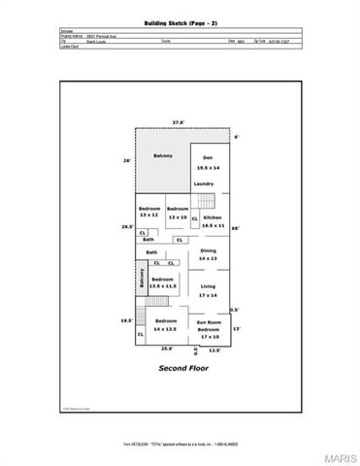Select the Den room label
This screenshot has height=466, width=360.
(207, 157)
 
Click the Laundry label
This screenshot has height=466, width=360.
(204, 183)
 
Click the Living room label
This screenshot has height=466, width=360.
(208, 286)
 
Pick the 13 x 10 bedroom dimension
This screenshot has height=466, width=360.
(177, 216)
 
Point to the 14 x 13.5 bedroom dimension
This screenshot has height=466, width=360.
(167, 327)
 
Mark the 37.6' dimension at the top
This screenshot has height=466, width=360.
(179, 122)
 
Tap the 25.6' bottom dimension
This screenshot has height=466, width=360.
(167, 349)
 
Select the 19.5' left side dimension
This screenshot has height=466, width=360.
(126, 320)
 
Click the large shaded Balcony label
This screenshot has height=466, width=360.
(162, 156)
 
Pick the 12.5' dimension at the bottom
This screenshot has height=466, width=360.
(214, 349)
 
